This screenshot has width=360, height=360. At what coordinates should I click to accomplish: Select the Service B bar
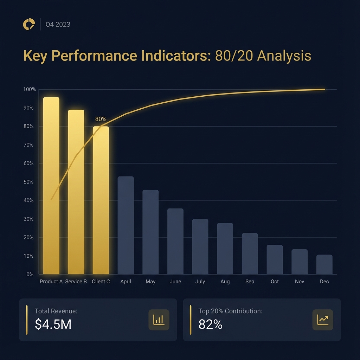[76, 192]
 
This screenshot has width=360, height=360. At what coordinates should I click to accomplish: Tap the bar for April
[126, 225]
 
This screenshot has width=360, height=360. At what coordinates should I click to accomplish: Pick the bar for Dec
[324, 264]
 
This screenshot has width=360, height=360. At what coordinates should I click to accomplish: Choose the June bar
[175, 241]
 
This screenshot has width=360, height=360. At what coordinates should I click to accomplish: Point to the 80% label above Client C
[101, 119]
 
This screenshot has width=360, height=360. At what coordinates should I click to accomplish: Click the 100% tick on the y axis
[30, 89]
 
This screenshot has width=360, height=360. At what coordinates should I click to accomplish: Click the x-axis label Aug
[225, 282]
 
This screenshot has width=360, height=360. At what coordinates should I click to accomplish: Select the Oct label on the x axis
[275, 282]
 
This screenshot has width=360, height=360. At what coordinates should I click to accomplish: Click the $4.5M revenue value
[53, 324]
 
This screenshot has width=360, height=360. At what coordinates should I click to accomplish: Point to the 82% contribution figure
[210, 324]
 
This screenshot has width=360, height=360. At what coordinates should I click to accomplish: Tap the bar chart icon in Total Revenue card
[159, 320]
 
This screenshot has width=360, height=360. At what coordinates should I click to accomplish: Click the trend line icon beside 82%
[323, 320]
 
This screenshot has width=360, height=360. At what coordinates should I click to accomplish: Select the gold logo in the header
[29, 24]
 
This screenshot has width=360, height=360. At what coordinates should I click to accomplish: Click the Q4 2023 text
[58, 25]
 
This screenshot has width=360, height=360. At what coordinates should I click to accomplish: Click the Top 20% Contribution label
[230, 311]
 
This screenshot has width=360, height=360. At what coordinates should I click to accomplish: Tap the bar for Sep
[250, 253]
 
